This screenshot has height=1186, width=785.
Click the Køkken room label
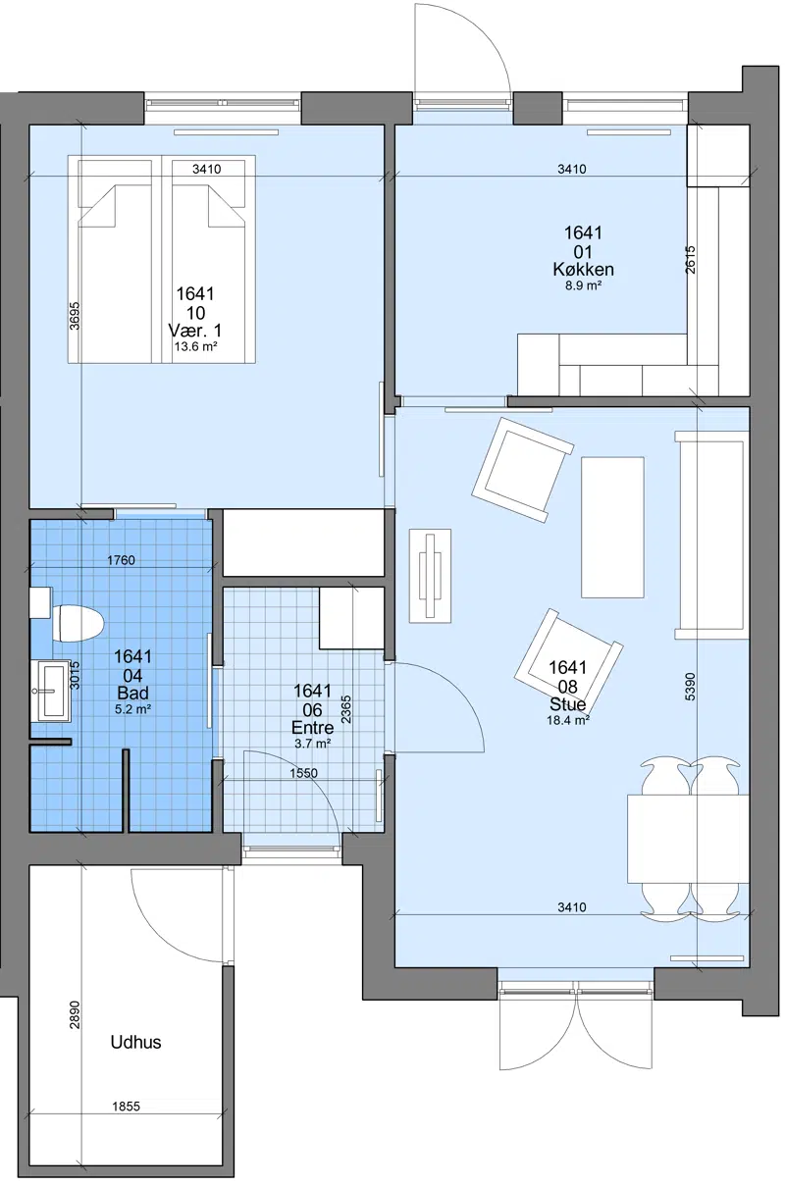(583, 269)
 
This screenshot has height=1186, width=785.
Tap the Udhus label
(135, 1042)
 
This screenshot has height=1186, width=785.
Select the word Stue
(568, 703)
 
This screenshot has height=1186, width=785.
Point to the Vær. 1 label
(195, 331)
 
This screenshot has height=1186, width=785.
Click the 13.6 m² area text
(196, 347)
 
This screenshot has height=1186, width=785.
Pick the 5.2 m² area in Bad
(132, 709)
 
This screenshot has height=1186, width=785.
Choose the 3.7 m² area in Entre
(312, 744)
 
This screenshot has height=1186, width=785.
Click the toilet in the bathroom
(78, 624)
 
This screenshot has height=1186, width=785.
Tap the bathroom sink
(51, 691)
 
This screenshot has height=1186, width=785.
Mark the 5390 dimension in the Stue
(689, 686)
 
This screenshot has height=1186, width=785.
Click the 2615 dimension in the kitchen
(690, 259)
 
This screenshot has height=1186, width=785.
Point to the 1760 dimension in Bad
(121, 559)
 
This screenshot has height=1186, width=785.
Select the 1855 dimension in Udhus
(126, 1107)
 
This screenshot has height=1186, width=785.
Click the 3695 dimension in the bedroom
(75, 316)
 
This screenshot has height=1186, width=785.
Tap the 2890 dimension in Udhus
(75, 1014)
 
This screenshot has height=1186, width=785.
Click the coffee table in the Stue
(612, 527)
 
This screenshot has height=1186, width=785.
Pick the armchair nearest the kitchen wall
(523, 469)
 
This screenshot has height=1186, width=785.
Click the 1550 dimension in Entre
(303, 773)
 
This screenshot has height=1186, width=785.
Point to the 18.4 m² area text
(568, 720)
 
